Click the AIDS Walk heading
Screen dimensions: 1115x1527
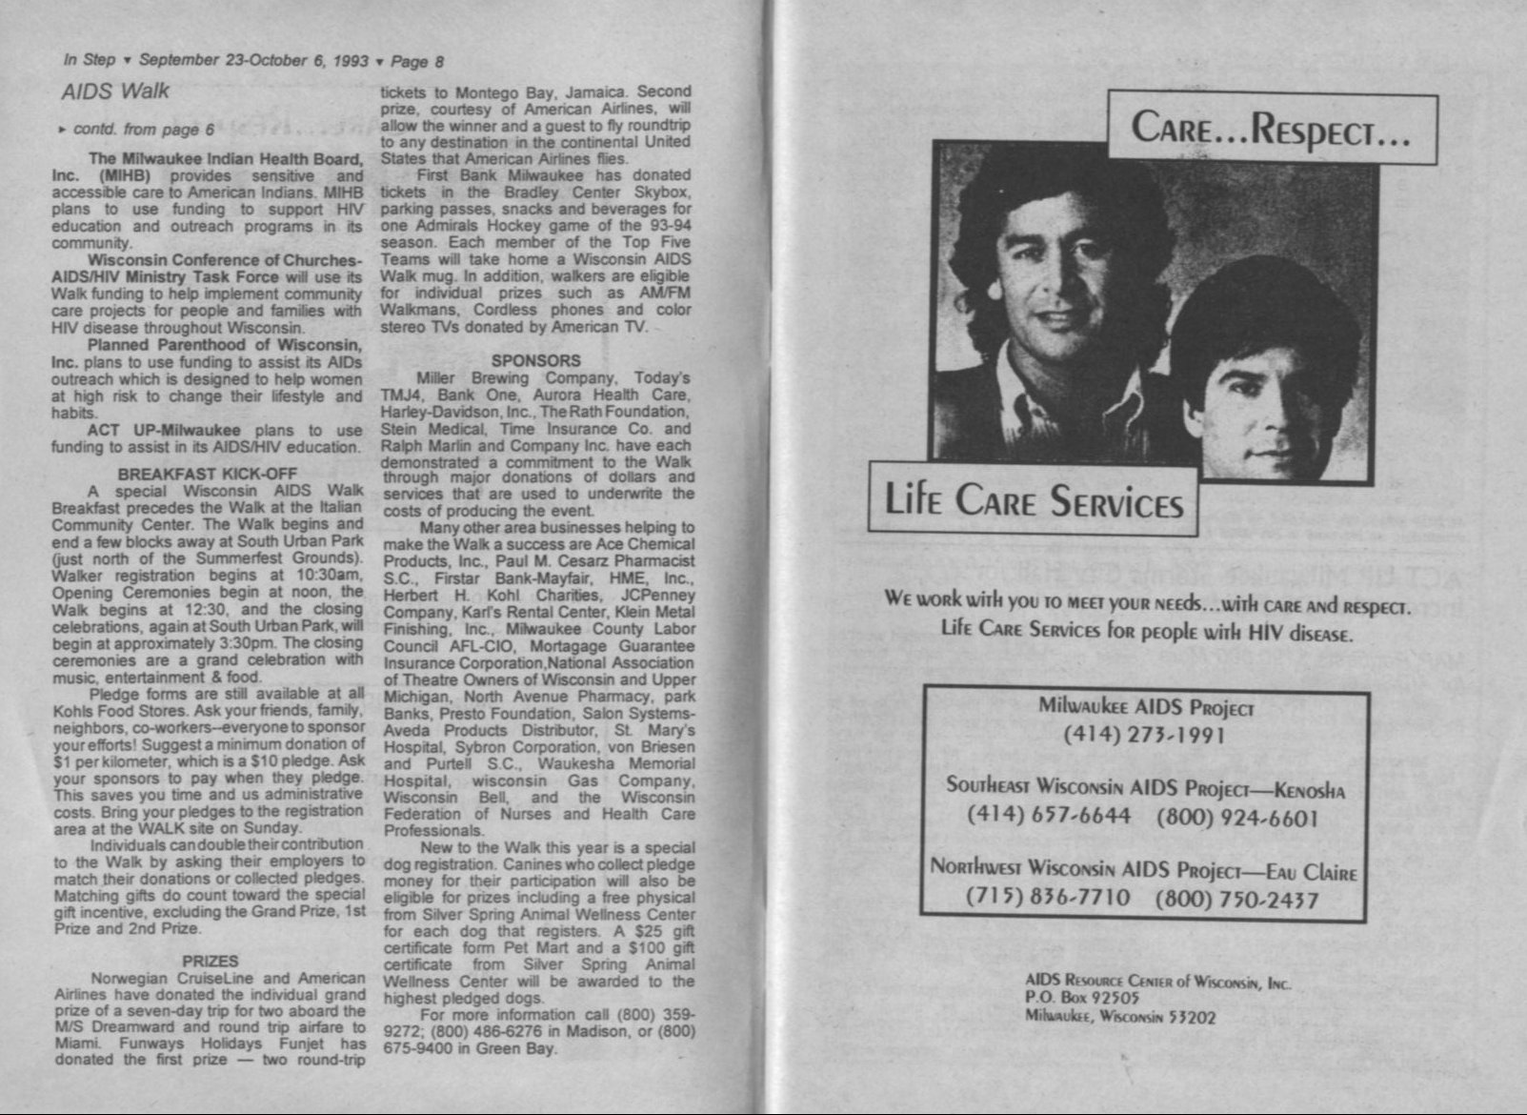(114, 91)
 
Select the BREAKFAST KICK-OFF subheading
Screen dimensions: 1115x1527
(208, 474)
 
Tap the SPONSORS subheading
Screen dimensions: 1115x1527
(535, 361)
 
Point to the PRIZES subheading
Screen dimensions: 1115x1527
(210, 961)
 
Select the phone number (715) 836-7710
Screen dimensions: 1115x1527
(1048, 898)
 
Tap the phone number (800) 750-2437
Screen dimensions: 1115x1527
(1236, 899)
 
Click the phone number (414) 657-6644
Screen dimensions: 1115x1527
(1049, 816)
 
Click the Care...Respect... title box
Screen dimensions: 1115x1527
(1271, 128)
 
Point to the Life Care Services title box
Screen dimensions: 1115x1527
(1034, 499)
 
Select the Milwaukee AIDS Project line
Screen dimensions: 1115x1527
(1145, 706)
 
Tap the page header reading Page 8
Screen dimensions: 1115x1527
(417, 61)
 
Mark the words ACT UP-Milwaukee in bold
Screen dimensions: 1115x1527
(164, 430)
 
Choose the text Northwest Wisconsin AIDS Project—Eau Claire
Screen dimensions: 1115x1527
(1143, 869)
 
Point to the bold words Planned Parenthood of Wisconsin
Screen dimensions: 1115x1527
(224, 345)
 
